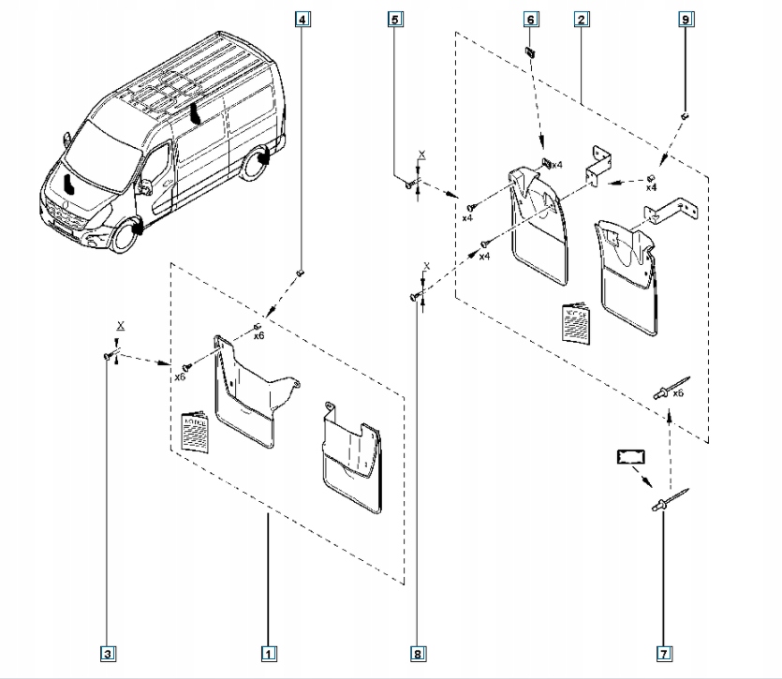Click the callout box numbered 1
point(268,653)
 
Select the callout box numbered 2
point(583,19)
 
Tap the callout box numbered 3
point(109,653)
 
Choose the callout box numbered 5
point(395,19)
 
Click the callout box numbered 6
point(529,19)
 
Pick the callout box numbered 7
point(663,653)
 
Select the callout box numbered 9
point(686,19)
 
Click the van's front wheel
point(120,233)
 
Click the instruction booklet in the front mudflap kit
point(196,430)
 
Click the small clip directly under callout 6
point(529,51)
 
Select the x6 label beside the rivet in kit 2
point(679,393)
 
